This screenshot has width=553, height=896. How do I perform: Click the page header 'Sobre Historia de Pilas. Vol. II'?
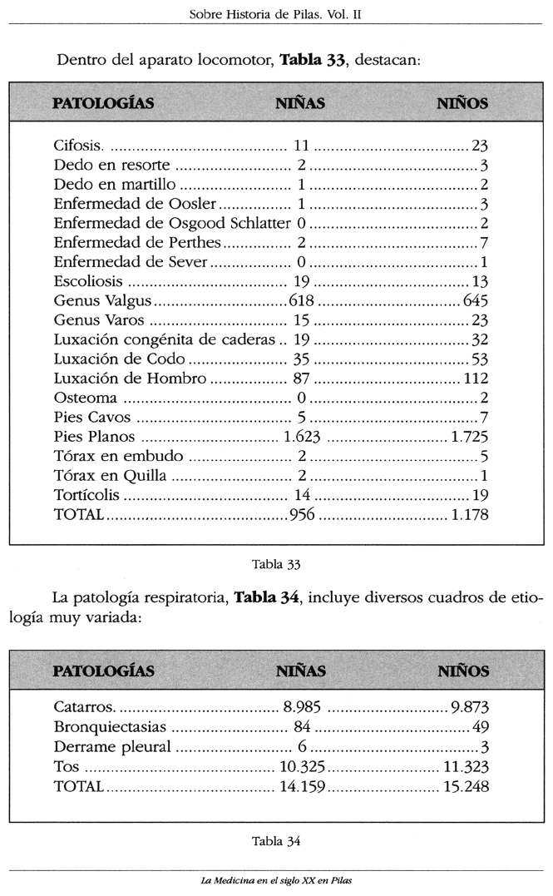coord(277,14)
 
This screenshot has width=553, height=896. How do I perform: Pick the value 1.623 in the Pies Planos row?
coord(302,437)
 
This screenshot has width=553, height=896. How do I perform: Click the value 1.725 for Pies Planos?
coord(468,437)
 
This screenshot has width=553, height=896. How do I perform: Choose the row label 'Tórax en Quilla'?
coord(110,476)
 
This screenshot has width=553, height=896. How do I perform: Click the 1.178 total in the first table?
coord(468,515)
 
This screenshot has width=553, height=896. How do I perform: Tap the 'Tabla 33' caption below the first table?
coord(275,564)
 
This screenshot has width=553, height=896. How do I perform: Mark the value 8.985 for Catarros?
coord(301,708)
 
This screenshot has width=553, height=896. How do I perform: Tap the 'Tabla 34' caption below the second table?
coord(275,839)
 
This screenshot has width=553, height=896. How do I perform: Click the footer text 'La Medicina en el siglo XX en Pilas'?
coord(276,879)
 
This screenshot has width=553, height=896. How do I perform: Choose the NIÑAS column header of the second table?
coord(300,671)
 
